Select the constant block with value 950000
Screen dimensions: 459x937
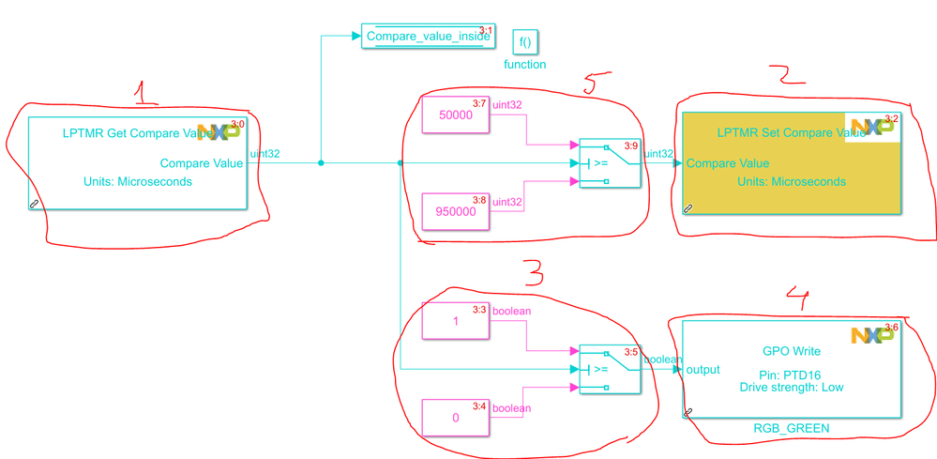(x=456, y=211)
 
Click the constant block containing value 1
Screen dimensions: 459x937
(x=456, y=320)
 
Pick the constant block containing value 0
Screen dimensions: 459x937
(x=456, y=417)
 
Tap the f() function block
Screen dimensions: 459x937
(x=525, y=41)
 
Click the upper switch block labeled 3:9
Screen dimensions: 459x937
(x=609, y=162)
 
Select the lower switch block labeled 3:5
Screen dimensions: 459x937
(x=609, y=368)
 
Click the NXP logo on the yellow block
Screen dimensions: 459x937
(x=872, y=128)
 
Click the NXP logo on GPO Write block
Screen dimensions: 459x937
(x=872, y=335)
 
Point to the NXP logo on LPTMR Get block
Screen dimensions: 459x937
(x=219, y=131)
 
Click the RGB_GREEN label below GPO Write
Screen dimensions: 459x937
(x=792, y=429)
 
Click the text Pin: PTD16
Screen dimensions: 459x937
(x=792, y=374)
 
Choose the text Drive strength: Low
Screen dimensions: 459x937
(x=792, y=387)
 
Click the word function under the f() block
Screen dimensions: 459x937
(x=525, y=65)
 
